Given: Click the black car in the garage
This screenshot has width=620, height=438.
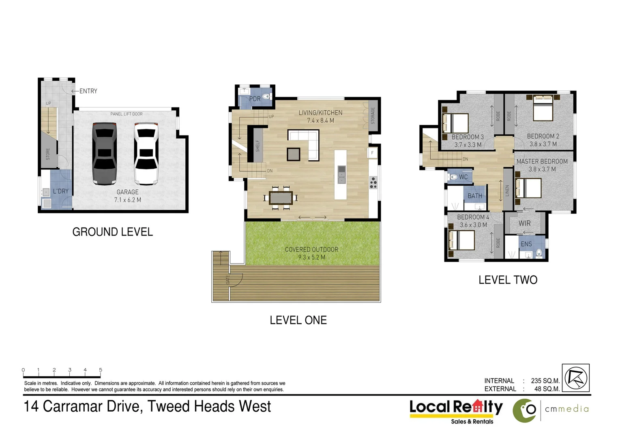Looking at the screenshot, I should pos(105,153).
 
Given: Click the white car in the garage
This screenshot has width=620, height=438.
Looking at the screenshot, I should pos(146,153).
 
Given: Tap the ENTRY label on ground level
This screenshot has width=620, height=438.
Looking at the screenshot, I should pos(88,91).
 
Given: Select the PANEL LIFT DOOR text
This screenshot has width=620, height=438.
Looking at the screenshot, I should pos(127,114).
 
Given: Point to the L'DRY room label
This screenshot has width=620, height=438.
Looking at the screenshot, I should pos(61,191).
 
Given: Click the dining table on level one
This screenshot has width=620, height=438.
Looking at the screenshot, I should pos(281,198).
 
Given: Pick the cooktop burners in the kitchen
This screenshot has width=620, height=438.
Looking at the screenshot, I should pos(373,183).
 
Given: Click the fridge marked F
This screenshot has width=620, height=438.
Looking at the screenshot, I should pos(372,153).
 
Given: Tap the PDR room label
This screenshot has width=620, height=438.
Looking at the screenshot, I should pos(255,99).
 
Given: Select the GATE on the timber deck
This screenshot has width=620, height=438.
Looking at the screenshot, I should pos(228,279).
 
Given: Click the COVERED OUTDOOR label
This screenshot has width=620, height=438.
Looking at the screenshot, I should pos(311,249).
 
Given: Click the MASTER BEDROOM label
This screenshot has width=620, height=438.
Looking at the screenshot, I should pos(542,161).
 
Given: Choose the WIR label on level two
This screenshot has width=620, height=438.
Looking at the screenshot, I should pos(524,223).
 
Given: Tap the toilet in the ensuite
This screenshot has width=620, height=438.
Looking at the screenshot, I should pos(539,253).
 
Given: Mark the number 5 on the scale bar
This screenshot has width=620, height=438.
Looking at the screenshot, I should pos(101,370).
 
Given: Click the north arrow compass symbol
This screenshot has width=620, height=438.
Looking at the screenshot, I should pos(575,378).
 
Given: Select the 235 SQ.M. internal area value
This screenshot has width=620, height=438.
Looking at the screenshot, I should pos(545,381).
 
